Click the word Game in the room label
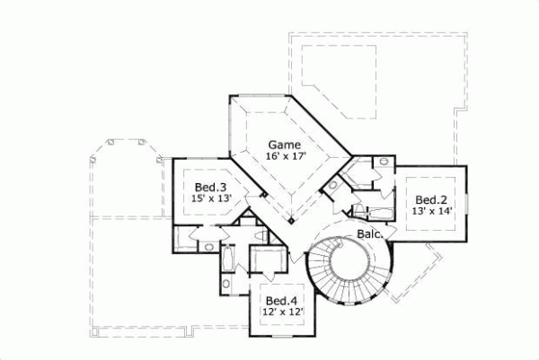click(283, 144)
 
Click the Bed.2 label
click(432, 199)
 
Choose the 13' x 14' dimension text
click(432, 212)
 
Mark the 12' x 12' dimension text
click(283, 312)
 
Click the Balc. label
click(371, 233)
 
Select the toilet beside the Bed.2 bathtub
click(359, 211)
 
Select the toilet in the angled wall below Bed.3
click(261, 235)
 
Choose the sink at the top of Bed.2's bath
click(384, 162)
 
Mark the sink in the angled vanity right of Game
click(332, 187)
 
